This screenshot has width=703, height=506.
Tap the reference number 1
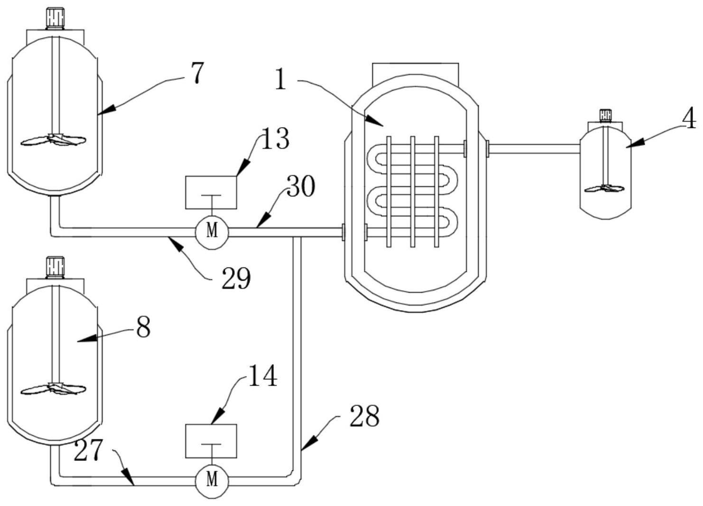(x=281, y=79)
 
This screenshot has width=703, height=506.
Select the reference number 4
(x=689, y=118)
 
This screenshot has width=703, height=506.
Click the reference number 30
(x=301, y=186)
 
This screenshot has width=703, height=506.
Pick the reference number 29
(x=236, y=278)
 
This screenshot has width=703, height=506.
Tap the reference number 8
(x=143, y=327)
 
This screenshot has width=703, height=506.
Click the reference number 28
(x=364, y=416)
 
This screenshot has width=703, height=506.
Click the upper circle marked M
(x=212, y=231)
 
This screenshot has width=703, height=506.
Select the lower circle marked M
(x=212, y=480)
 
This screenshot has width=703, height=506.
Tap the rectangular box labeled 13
(x=211, y=192)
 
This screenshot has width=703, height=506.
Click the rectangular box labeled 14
(x=211, y=441)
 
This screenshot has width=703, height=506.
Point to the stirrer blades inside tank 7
(x=54, y=140)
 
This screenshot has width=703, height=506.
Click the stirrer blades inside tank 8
(x=54, y=389)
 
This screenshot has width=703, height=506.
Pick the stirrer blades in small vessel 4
(x=605, y=189)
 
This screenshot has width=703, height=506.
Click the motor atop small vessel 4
(x=605, y=115)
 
